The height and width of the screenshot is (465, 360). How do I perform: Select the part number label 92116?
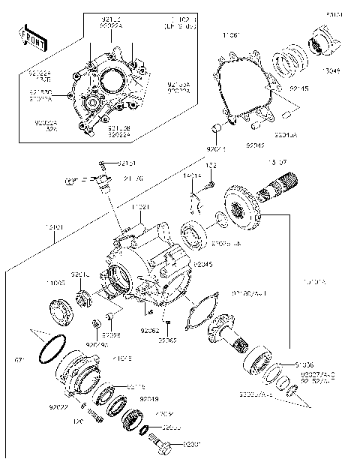(136, 386)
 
